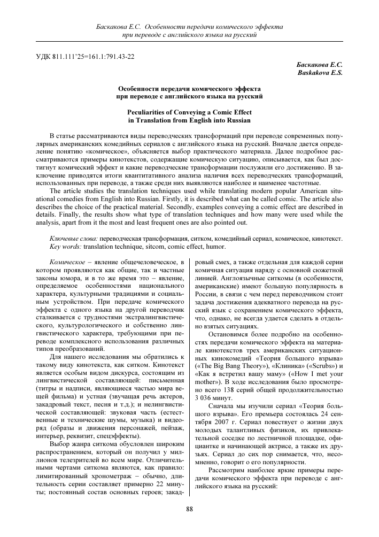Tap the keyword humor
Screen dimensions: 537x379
coord(216,247)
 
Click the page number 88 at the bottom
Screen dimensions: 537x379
coord(189,509)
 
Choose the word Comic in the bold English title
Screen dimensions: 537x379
coord(221,112)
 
